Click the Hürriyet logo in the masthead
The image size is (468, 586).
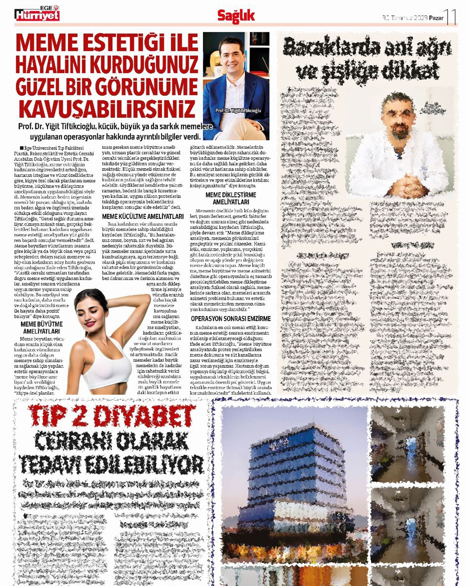coord(37,15)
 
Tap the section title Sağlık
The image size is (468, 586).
coord(236,16)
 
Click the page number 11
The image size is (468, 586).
coord(450,17)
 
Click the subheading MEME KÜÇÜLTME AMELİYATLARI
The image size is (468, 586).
coord(143,217)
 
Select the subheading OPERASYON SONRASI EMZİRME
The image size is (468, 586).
coord(231,318)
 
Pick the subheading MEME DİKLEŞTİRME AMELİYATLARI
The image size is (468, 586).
coord(231,199)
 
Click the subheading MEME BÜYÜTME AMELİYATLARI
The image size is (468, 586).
coord(41,328)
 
